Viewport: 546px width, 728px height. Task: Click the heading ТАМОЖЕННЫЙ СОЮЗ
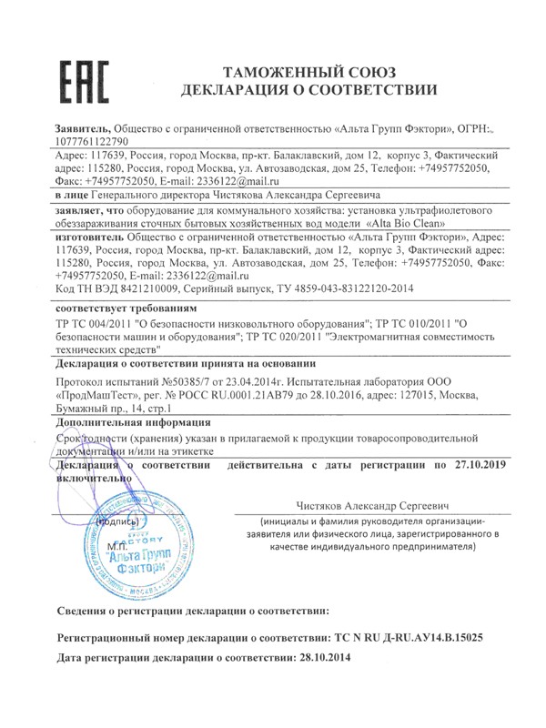coord(312,70)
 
